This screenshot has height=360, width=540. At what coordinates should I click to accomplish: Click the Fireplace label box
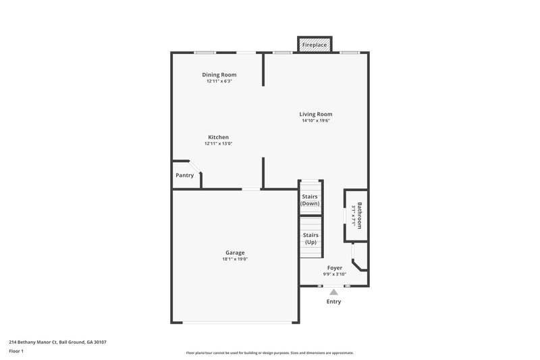click(x=315, y=45)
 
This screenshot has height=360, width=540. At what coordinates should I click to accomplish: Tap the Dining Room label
click(x=219, y=74)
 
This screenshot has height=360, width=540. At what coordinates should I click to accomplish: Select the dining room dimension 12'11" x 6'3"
click(x=219, y=81)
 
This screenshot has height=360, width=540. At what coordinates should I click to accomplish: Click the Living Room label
click(x=316, y=114)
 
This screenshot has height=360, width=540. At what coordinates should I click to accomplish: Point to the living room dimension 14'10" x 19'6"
click(x=316, y=121)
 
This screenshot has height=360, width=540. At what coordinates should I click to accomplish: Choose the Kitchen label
click(x=218, y=137)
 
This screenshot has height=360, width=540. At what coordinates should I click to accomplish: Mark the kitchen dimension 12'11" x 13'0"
click(x=218, y=144)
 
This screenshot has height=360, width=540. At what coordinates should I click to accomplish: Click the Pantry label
click(x=184, y=176)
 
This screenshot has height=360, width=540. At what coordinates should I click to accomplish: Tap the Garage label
click(x=235, y=253)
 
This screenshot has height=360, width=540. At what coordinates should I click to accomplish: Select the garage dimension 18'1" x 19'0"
click(x=235, y=259)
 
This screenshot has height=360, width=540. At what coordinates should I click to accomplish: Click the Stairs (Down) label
click(x=310, y=200)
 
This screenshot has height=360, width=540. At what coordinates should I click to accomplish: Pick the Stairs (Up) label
click(x=310, y=238)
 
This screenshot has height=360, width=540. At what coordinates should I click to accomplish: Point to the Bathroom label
click(x=359, y=215)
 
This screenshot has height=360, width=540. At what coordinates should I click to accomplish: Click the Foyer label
click(x=334, y=268)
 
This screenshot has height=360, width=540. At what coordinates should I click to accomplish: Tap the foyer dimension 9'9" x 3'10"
click(x=334, y=275)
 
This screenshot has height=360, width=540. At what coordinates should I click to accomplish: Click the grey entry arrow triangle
click(x=333, y=292)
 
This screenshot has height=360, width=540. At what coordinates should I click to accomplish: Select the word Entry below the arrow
click(x=333, y=302)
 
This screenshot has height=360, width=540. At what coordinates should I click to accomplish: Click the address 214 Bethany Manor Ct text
click(x=57, y=342)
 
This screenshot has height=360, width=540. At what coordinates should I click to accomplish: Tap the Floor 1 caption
click(x=16, y=352)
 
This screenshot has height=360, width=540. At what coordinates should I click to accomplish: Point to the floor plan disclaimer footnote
click(x=269, y=353)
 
